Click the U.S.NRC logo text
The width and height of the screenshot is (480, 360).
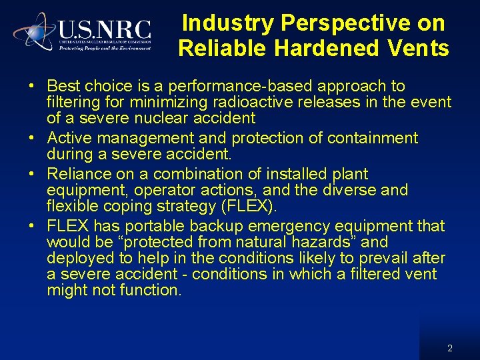coord(105,30)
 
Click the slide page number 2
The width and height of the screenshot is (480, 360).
coord(450,348)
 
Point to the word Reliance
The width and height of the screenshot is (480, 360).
coord(75,175)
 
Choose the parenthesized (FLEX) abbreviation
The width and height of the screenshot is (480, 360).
coord(245,207)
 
